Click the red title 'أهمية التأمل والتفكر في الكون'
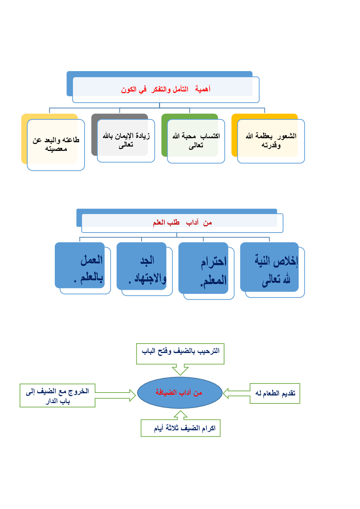point(165,89)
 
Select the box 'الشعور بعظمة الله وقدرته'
point(271,140)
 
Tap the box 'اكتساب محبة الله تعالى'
point(196,140)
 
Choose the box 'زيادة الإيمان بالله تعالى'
point(126,140)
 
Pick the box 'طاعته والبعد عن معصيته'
point(56,144)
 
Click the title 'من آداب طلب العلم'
point(182,222)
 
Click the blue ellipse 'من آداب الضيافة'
point(180,393)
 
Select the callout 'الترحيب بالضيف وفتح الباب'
point(180,352)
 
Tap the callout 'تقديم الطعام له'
point(275,393)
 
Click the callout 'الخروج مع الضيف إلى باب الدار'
point(57,395)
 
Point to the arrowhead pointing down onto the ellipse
point(180,371)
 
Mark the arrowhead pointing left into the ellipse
point(226,393)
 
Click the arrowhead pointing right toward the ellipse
point(132,395)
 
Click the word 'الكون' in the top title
point(129,90)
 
